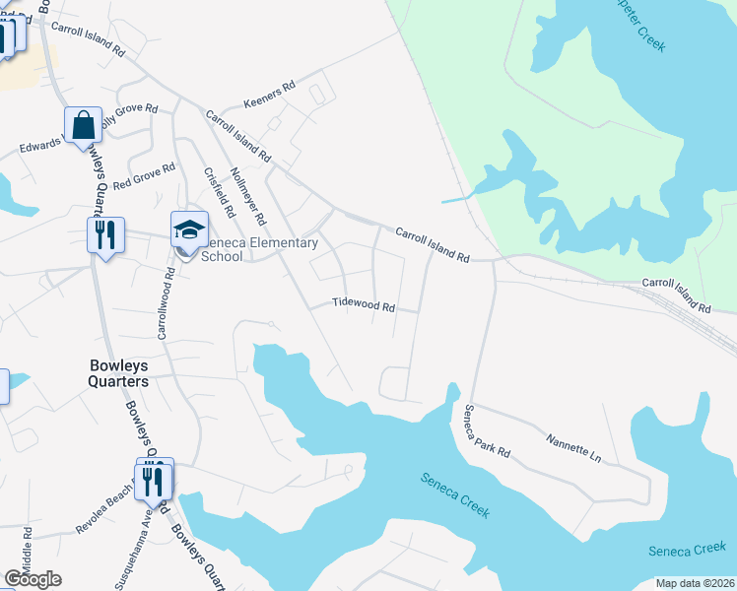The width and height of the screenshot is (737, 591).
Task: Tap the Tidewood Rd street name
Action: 364,306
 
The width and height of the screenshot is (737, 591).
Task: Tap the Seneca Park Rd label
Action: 488,431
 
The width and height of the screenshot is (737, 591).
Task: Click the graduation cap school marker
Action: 189,230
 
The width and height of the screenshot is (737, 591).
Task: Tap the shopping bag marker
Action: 83,125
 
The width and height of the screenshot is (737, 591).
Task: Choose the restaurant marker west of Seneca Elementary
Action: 105,235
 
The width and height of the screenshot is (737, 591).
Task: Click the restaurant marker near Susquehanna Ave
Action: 154,479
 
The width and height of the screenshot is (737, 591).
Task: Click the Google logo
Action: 33,579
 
